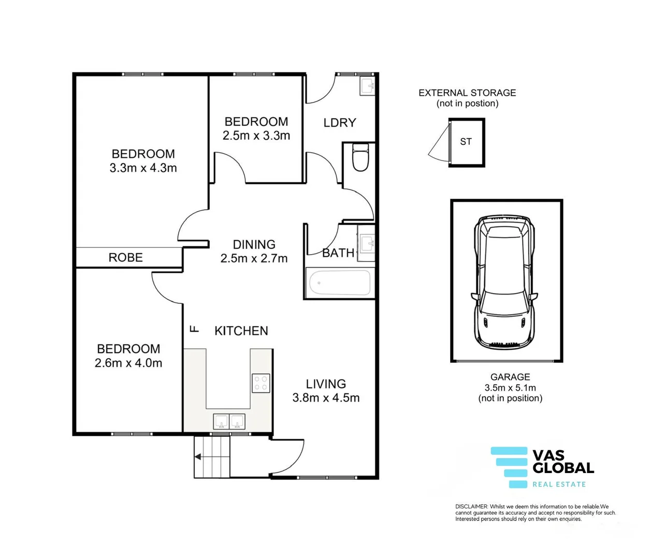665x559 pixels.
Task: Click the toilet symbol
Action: (x=360, y=157)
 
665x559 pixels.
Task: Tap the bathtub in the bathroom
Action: (x=340, y=283)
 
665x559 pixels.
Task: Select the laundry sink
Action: (x=367, y=85)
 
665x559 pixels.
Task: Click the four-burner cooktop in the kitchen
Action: (x=261, y=383)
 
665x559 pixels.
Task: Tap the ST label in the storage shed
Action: (x=466, y=142)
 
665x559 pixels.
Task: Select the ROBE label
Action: (x=125, y=258)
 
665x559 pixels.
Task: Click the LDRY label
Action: (x=340, y=123)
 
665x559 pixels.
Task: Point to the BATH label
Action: (x=338, y=253)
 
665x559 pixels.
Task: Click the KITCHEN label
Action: (x=241, y=331)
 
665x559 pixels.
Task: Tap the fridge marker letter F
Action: (x=194, y=329)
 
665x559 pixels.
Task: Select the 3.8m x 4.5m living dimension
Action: (x=326, y=398)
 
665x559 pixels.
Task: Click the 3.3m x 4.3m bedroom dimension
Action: (x=143, y=168)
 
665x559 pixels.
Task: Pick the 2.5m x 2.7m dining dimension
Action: (x=254, y=258)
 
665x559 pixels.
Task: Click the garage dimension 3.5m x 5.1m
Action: (x=510, y=388)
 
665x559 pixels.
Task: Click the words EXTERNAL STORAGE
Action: (x=467, y=93)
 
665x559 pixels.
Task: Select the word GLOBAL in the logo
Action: (x=563, y=467)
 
